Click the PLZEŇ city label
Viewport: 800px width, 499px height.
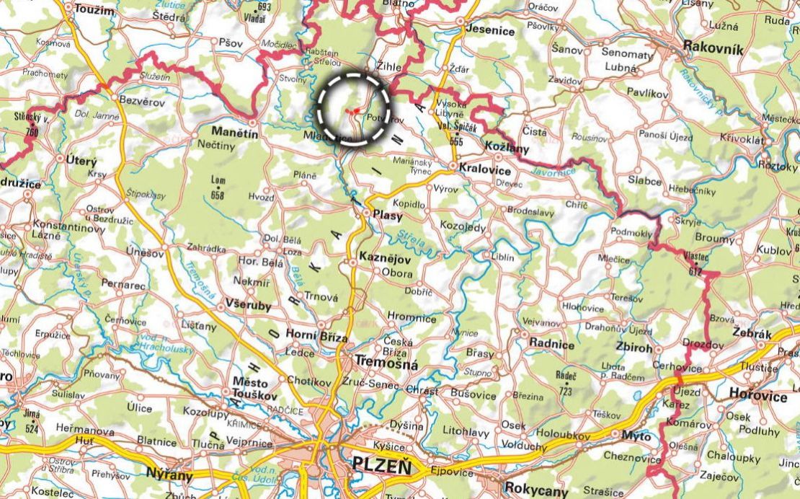click(x=381, y=467)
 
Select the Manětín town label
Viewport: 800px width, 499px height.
click(x=234, y=132)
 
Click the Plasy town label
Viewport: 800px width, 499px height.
click(x=388, y=215)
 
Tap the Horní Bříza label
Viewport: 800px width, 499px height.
click(x=318, y=337)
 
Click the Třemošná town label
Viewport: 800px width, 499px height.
click(x=386, y=365)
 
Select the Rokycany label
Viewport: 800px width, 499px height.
click(x=536, y=489)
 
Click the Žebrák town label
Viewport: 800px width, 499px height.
click(x=751, y=335)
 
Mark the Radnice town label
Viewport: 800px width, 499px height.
click(x=551, y=344)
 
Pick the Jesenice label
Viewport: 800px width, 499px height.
click(x=491, y=30)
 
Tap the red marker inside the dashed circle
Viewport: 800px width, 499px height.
click(x=356, y=110)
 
